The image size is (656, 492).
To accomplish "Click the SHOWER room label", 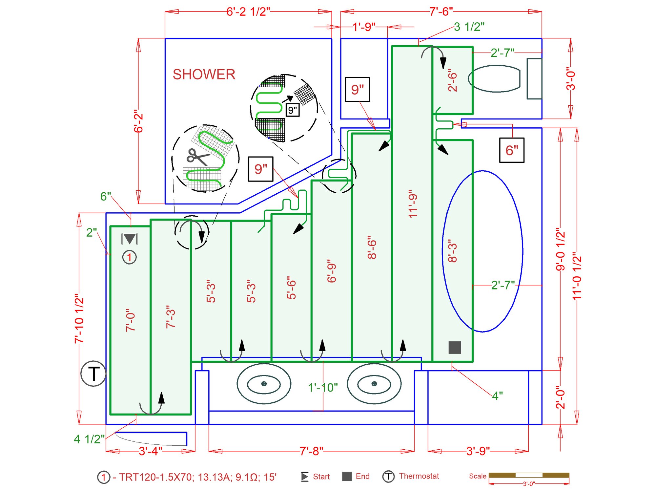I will pyautogui.click(x=204, y=75).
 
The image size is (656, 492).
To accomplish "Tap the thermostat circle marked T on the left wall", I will pyautogui.click(x=93, y=374).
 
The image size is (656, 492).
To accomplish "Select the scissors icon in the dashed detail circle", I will pyautogui.click(x=197, y=157).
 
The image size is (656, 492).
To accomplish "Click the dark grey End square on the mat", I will pyautogui.click(x=455, y=347).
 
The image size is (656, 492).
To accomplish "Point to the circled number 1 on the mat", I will pyautogui.click(x=130, y=257).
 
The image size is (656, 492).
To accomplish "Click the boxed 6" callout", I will pyautogui.click(x=512, y=150).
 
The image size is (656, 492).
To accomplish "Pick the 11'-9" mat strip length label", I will pyautogui.click(x=413, y=203).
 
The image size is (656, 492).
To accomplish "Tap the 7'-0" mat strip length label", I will pyautogui.click(x=131, y=320).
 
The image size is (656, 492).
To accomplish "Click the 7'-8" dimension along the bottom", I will pyautogui.click(x=311, y=451).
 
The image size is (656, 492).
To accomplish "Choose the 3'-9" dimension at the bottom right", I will pyautogui.click(x=478, y=451).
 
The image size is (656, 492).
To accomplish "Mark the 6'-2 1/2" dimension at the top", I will pyautogui.click(x=248, y=12).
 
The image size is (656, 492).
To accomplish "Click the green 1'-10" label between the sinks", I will pyautogui.click(x=323, y=388).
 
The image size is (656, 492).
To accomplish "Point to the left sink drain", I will pyautogui.click(x=264, y=384).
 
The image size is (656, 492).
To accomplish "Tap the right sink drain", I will pyautogui.click(x=374, y=384).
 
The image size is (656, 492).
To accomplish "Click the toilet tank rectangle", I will pyautogui.click(x=534, y=79).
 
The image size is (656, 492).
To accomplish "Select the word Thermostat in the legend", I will pyautogui.click(x=419, y=476).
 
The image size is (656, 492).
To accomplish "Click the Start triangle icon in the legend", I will pyautogui.click(x=305, y=477).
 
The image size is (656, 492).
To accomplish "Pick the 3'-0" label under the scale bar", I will pyautogui.click(x=529, y=484).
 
